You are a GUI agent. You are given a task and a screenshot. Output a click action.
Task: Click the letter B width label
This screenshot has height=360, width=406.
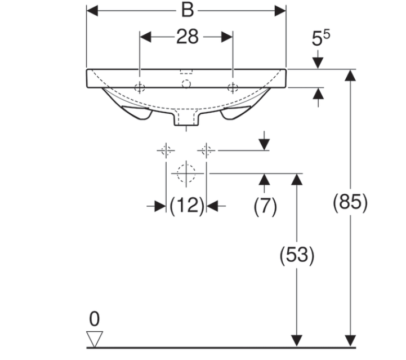pyautogui.click(x=188, y=11)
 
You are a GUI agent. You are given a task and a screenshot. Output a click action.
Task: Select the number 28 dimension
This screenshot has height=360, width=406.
pyautogui.click(x=188, y=37)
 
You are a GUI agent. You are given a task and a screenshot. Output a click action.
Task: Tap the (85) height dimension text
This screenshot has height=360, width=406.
pyautogui.click(x=350, y=202)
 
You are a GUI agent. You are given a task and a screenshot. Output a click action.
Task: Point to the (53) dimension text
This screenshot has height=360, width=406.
pyautogui.click(x=297, y=255)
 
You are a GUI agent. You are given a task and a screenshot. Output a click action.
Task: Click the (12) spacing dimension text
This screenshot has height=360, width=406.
pyautogui.click(x=187, y=206)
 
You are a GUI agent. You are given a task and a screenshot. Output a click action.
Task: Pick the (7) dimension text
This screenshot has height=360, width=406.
pyautogui.click(x=265, y=206)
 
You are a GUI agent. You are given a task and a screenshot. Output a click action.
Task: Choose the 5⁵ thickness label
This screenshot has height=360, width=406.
pyautogui.click(x=320, y=38)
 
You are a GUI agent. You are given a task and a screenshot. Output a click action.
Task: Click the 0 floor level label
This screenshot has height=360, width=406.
pyautogui.click(x=94, y=319)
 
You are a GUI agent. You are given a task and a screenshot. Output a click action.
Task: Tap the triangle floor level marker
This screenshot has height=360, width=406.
pyautogui.click(x=95, y=338)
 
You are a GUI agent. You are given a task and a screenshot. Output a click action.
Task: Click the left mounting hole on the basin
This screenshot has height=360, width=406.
pyautogui.click(x=140, y=87)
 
